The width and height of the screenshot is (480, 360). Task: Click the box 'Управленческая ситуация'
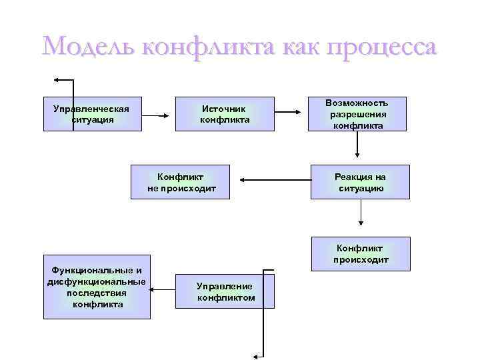pos(91,114)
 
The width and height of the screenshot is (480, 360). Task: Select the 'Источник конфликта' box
pos(225,114)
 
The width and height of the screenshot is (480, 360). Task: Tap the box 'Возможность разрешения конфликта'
pos(357,114)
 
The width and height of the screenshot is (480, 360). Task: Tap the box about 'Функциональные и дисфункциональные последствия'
pos(97,287)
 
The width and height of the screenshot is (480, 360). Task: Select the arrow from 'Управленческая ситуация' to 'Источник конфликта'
pos(158,116)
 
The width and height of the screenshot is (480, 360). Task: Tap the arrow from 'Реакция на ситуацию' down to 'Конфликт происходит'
pos(361,213)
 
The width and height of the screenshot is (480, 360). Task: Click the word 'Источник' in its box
pos(225,109)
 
